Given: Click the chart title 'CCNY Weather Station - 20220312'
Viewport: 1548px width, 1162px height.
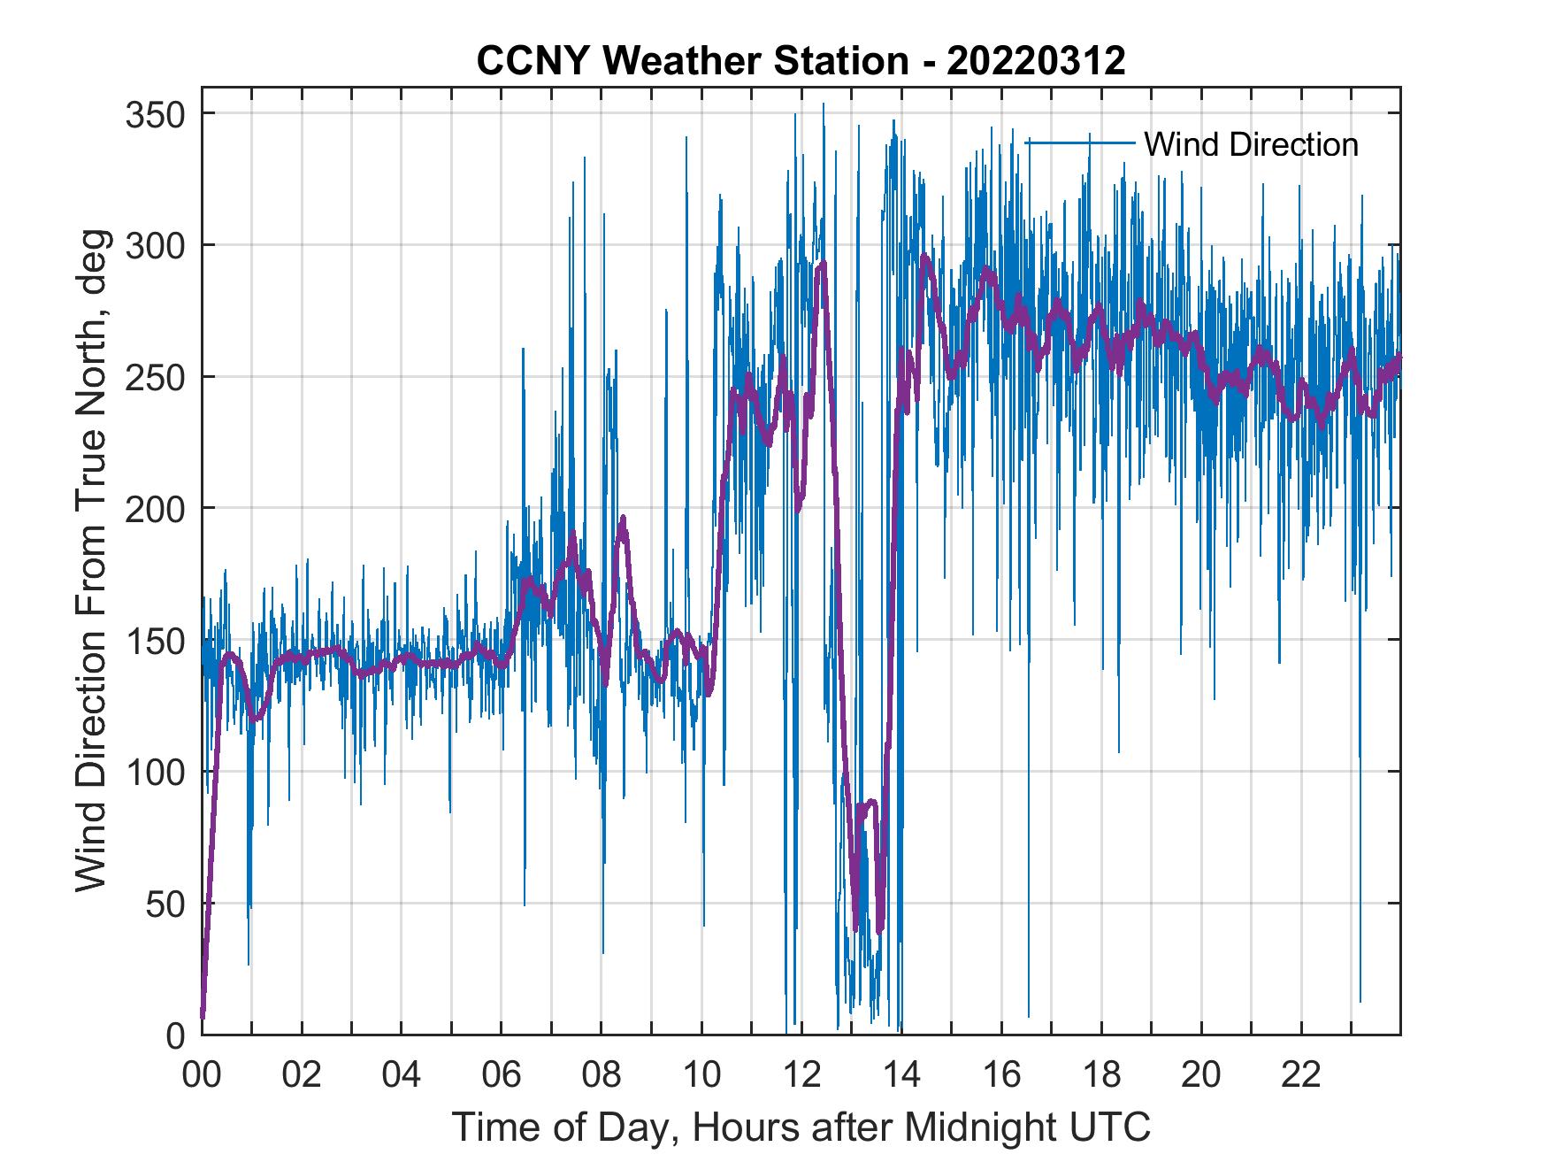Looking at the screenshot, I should point(801,60).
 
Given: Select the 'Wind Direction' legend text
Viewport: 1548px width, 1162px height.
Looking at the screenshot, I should point(1251,144).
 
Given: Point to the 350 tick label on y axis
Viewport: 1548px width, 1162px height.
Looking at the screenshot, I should point(154,114).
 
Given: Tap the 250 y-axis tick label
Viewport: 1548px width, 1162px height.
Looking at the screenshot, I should point(154,377).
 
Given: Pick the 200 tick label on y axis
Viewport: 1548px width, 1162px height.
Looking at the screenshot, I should point(154,508).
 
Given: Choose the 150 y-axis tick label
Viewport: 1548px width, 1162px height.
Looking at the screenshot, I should point(154,640).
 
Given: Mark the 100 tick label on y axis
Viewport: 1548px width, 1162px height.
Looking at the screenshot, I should point(154,772).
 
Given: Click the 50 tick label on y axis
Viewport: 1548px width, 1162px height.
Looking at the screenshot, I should point(165,904).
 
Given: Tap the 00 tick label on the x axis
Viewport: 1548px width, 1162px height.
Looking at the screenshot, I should point(202,1075).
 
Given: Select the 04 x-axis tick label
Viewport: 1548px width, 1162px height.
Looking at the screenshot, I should point(402,1075).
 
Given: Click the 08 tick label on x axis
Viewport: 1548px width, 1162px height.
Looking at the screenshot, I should point(602,1075).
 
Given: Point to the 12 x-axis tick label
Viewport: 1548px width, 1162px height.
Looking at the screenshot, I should point(801,1075).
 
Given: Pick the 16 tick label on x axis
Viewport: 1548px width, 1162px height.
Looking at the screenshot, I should point(1001,1075).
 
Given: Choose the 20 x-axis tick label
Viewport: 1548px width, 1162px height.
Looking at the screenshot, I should point(1201,1075).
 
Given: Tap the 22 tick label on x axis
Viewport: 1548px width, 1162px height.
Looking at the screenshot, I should point(1301,1075).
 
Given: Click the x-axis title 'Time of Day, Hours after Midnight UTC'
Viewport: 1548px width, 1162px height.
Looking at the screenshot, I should point(801,1127).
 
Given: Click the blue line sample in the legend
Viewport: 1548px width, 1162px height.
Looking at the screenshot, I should point(1079,142).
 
